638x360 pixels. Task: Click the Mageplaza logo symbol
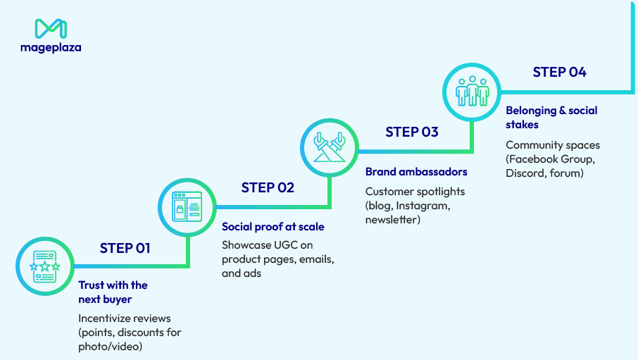point(51,28)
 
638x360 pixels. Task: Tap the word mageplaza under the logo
point(51,48)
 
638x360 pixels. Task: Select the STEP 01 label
point(125,248)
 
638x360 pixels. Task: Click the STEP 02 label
point(268,187)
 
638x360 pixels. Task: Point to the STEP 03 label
point(412,132)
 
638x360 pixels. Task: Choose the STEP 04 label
point(559,72)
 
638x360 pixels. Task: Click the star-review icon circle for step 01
point(44,266)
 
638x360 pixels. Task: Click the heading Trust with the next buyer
point(113,292)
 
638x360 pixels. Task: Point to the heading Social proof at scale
point(273,227)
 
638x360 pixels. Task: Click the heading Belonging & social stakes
point(551,118)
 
